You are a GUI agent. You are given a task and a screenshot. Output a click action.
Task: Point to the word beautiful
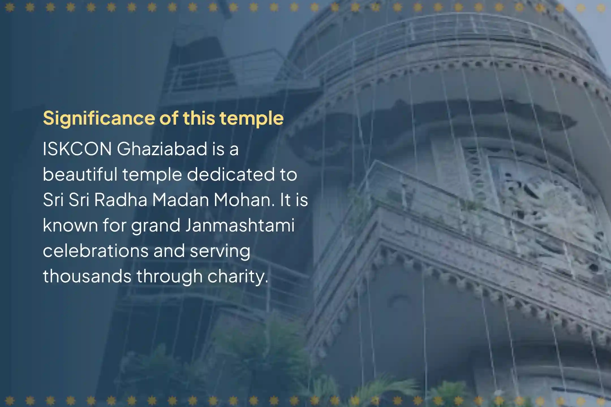(80, 174)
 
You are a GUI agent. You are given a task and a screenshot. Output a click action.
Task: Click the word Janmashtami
(240, 225)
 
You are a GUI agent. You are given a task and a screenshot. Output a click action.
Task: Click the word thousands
(87, 276)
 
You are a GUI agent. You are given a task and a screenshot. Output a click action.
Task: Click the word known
(70, 225)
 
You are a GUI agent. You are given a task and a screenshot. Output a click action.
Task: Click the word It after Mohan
(285, 200)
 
